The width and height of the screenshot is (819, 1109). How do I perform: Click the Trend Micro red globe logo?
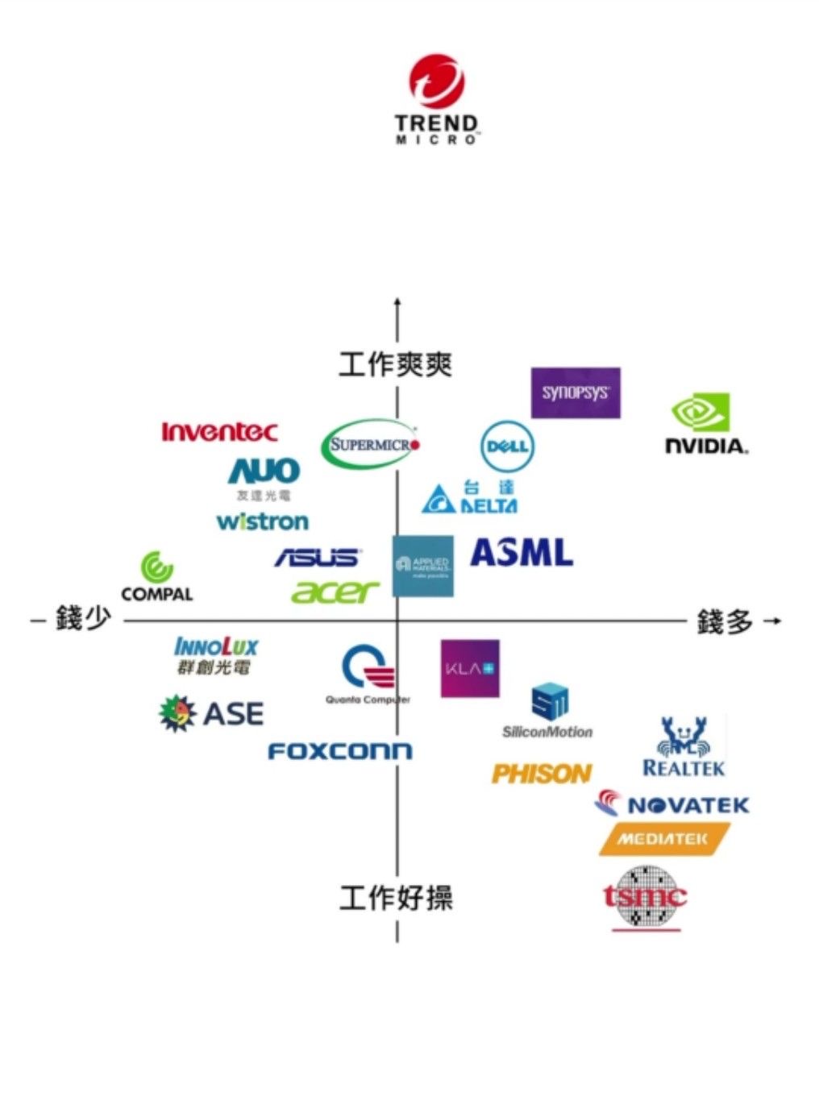(x=436, y=81)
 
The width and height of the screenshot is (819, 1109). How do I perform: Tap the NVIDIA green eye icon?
(x=701, y=413)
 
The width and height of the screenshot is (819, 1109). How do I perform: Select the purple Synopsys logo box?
(x=576, y=393)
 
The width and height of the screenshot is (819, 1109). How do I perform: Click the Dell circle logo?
(x=507, y=446)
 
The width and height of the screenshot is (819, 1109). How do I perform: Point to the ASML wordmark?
(x=522, y=553)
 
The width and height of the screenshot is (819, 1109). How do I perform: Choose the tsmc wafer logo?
(x=646, y=896)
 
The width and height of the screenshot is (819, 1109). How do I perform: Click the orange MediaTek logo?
(x=664, y=839)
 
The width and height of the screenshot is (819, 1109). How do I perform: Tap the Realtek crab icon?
(x=683, y=734)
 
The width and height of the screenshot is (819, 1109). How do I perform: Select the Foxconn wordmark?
(x=339, y=751)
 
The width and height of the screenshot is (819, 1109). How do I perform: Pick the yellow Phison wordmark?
(x=542, y=774)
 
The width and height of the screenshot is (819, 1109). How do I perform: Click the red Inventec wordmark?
(x=219, y=432)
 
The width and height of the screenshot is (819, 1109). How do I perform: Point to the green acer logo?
(x=335, y=592)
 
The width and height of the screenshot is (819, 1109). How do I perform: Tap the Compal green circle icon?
(x=157, y=567)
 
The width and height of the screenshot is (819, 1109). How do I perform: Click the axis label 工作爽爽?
(x=395, y=364)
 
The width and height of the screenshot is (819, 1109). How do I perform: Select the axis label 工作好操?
(x=396, y=897)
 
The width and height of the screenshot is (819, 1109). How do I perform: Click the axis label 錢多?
(x=725, y=621)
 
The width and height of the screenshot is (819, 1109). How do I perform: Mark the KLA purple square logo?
(x=470, y=668)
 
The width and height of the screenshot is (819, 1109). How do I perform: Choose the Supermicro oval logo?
(x=370, y=443)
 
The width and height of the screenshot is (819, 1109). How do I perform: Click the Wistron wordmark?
(x=263, y=521)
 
